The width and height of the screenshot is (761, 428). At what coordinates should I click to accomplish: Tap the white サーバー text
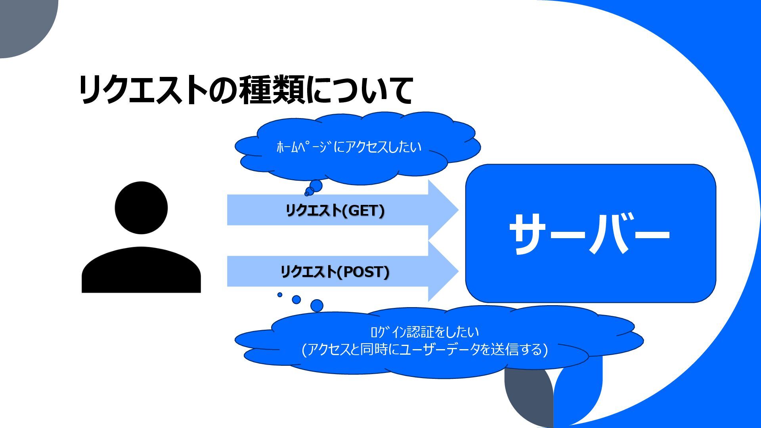(x=589, y=234)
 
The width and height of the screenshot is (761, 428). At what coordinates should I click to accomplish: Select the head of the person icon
(x=141, y=208)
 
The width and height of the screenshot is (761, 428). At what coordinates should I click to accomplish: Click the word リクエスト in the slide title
(x=143, y=90)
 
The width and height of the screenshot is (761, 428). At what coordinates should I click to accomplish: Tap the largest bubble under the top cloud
(x=316, y=185)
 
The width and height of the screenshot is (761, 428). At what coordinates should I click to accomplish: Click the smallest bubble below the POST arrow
(x=280, y=295)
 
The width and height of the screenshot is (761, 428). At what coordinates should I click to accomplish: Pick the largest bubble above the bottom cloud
(x=317, y=306)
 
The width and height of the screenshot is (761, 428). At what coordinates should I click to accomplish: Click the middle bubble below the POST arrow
(x=296, y=300)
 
